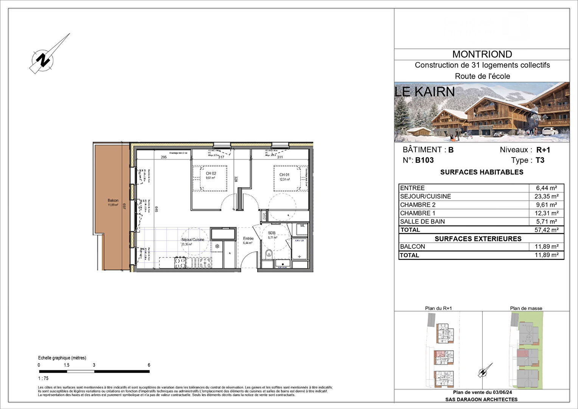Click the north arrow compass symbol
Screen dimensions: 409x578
[x=45, y=59]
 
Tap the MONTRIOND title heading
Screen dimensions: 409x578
[x=482, y=54]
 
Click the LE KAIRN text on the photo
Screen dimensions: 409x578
[x=424, y=92]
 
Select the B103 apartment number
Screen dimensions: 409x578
[x=424, y=160]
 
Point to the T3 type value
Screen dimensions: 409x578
[x=540, y=160]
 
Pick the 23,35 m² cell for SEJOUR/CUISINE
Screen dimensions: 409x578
[x=546, y=196]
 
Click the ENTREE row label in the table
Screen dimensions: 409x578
[x=412, y=188]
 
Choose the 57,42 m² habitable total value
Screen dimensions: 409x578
[x=546, y=230]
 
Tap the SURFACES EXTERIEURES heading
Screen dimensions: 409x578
[x=478, y=239]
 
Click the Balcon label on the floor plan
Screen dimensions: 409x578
[x=113, y=201]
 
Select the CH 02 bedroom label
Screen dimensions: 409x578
[x=211, y=173]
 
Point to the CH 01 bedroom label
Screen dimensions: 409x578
[x=284, y=175]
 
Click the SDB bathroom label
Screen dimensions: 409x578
[x=272, y=233]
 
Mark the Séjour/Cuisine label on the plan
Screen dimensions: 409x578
[x=193, y=240]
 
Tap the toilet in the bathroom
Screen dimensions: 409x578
[x=269, y=253]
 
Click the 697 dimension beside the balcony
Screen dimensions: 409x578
[x=124, y=206]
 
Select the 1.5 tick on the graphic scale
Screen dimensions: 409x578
[x=67, y=365]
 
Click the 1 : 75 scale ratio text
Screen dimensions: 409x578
[x=43, y=378]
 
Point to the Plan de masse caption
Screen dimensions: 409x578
[x=526, y=308]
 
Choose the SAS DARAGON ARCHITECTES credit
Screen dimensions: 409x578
[x=481, y=399]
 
